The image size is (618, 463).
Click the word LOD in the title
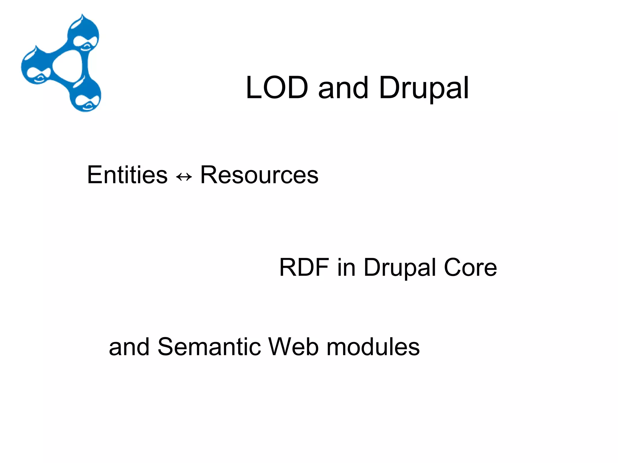[x=277, y=88]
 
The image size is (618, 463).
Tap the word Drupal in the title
[x=424, y=88]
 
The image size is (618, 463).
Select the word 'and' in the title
[x=343, y=88]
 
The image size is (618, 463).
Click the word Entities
[x=127, y=175]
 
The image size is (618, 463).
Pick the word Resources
[x=259, y=175]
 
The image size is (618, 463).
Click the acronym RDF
[x=304, y=267]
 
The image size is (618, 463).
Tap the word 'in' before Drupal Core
[x=346, y=267]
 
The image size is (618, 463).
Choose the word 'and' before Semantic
[x=129, y=347]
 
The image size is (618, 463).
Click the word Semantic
[x=209, y=347]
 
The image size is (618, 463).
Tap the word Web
[x=293, y=347]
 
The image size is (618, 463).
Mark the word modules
[x=373, y=347]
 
